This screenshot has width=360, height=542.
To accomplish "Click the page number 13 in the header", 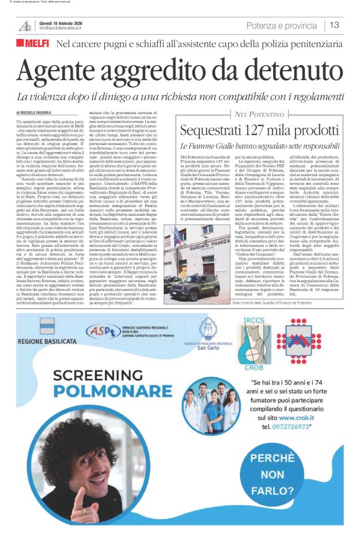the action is click(x=335, y=25).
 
